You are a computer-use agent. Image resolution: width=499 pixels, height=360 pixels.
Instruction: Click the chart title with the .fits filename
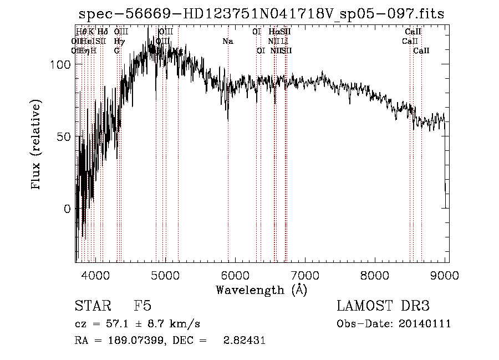tap(261, 14)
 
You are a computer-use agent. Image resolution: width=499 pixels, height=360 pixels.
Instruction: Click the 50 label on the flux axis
tap(65, 137)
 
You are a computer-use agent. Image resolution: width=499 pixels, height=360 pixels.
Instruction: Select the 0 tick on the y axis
tap(68, 209)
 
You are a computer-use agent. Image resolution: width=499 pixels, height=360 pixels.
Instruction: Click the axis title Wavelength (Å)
tap(261, 290)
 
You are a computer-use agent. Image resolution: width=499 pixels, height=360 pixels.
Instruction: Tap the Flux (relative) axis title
tap(38, 145)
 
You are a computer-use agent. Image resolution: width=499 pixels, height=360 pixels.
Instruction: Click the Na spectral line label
tap(228, 41)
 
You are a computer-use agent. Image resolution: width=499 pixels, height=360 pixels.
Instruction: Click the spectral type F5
tap(142, 306)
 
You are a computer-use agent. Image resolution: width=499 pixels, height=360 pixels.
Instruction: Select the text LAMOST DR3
tap(383, 306)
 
